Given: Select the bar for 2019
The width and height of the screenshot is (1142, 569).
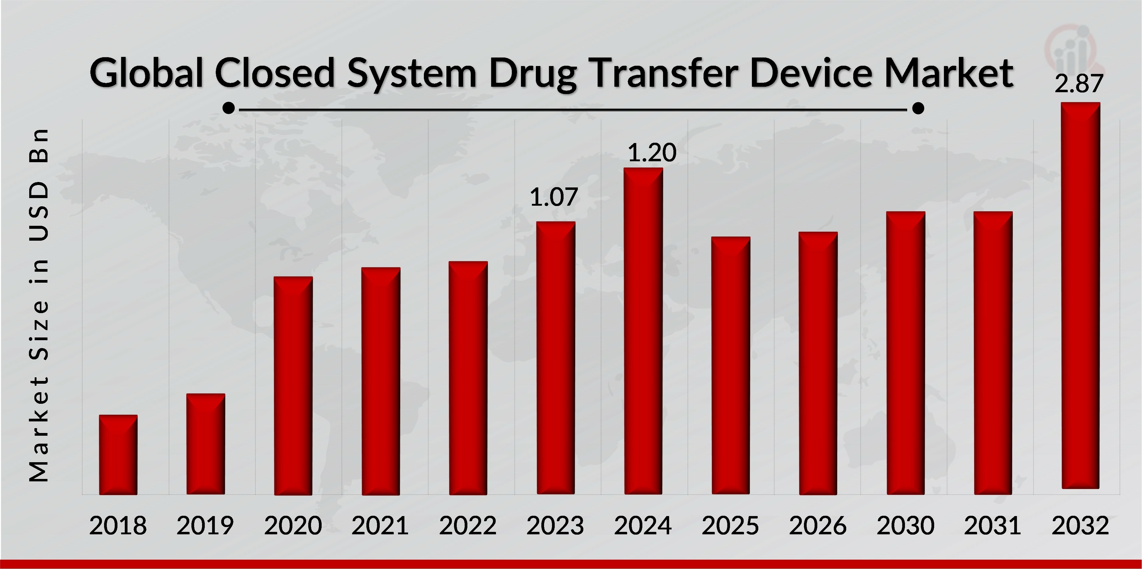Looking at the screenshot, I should pyautogui.click(x=205, y=444).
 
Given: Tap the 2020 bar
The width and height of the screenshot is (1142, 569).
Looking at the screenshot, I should pyautogui.click(x=293, y=386).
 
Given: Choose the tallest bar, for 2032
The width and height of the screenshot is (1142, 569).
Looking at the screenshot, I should pyautogui.click(x=1080, y=295).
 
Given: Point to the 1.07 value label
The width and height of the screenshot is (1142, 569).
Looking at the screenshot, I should pyautogui.click(x=554, y=197).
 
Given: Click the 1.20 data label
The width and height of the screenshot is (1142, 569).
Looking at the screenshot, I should pyautogui.click(x=652, y=153).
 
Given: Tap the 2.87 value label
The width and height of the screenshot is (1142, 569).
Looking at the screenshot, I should pyautogui.click(x=1079, y=84).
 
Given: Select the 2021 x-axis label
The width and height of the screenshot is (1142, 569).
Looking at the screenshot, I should pyautogui.click(x=380, y=525).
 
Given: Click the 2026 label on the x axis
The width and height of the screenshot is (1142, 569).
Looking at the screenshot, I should pyautogui.click(x=818, y=525).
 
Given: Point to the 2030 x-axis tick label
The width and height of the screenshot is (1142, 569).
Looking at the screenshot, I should pyautogui.click(x=905, y=525).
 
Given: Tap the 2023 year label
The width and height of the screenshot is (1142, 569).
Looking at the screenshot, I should pyautogui.click(x=555, y=525).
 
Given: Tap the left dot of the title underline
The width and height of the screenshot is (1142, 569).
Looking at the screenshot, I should pyautogui.click(x=228, y=108).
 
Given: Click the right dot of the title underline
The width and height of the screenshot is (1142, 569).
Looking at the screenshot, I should pyautogui.click(x=918, y=108).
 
